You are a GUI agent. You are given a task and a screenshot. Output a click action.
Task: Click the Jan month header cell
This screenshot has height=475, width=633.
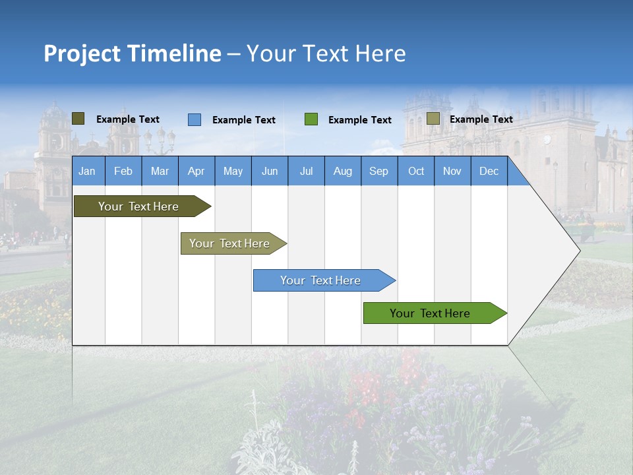point(87,171)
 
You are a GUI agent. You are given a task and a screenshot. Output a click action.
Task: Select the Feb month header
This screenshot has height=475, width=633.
point(123,171)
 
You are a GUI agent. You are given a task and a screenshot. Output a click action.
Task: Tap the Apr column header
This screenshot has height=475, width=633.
point(196,171)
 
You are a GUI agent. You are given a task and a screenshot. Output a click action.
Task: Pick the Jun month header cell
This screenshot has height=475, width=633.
point(270,171)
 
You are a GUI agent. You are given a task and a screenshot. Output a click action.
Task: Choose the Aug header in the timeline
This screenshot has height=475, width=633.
point(342,171)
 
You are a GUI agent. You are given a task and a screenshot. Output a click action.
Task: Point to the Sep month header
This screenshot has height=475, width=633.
point(378,171)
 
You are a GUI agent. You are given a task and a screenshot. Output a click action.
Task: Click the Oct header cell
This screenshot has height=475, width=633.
point(416,171)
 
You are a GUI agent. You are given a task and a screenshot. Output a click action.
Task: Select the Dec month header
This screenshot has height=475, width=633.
point(489,171)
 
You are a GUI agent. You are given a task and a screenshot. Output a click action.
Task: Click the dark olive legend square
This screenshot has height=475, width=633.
point(78,119)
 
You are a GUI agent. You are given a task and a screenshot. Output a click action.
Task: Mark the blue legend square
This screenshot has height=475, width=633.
point(194,119)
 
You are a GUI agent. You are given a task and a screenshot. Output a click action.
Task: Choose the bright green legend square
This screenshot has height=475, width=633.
point(311,119)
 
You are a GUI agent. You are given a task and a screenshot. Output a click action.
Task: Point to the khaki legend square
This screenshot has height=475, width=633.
point(433,119)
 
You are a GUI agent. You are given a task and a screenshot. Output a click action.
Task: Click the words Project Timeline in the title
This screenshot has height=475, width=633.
point(132,53)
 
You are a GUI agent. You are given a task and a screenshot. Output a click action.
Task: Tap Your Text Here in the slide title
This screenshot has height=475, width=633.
point(326,53)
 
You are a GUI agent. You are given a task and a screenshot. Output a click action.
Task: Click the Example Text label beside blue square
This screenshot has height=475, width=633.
point(244,120)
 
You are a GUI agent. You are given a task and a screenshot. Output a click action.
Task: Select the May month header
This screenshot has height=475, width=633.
point(233,171)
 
